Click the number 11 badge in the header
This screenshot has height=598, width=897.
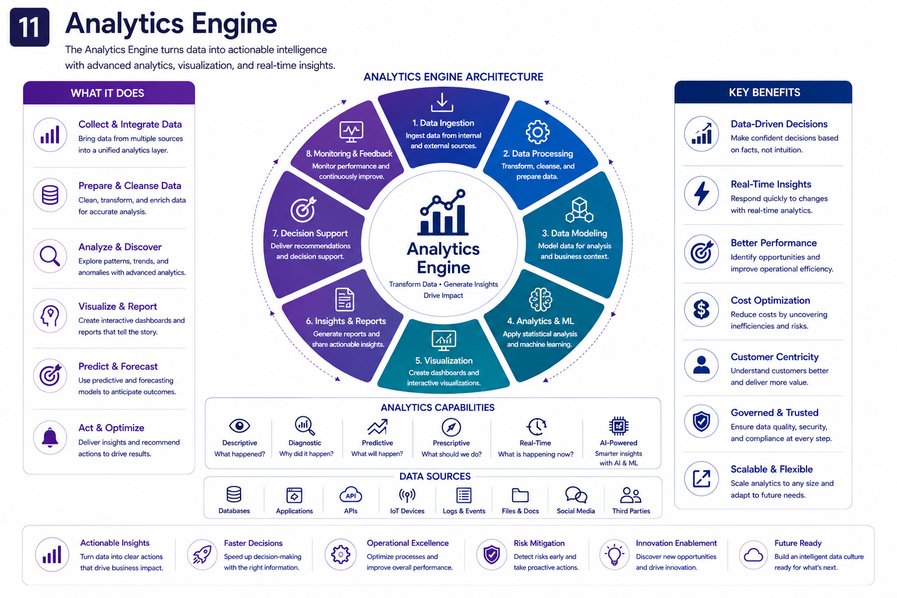pyautogui.click(x=30, y=27)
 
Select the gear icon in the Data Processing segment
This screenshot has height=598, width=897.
pyautogui.click(x=537, y=132)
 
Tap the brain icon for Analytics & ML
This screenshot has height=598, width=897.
pyautogui.click(x=540, y=299)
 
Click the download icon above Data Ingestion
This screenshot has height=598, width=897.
pyautogui.click(x=442, y=103)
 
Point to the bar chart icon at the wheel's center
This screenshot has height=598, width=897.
pyautogui.click(x=443, y=213)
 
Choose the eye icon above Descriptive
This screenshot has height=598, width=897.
pyautogui.click(x=239, y=425)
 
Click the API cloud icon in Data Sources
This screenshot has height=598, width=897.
pyautogui.click(x=351, y=495)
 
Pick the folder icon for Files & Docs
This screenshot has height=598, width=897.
pyautogui.click(x=520, y=495)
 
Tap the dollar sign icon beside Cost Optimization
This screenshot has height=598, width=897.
pyautogui.click(x=701, y=310)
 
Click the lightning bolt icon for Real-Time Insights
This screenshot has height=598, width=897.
pyautogui.click(x=701, y=193)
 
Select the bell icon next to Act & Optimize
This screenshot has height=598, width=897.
pyautogui.click(x=50, y=437)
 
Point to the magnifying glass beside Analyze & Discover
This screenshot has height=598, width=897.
pyautogui.click(x=50, y=256)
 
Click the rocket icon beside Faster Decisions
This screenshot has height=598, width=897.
pyautogui.click(x=202, y=555)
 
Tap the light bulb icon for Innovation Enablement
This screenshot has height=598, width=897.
pyautogui.click(x=614, y=555)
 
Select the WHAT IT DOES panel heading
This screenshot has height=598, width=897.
pyautogui.click(x=107, y=93)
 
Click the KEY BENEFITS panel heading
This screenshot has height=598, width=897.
pyautogui.click(x=764, y=92)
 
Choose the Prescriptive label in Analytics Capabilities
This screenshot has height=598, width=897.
pyautogui.click(x=451, y=443)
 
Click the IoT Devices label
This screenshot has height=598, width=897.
pyautogui.click(x=407, y=511)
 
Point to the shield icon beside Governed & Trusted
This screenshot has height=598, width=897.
pyautogui.click(x=701, y=422)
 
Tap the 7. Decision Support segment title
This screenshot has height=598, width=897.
pyautogui.click(x=310, y=233)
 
